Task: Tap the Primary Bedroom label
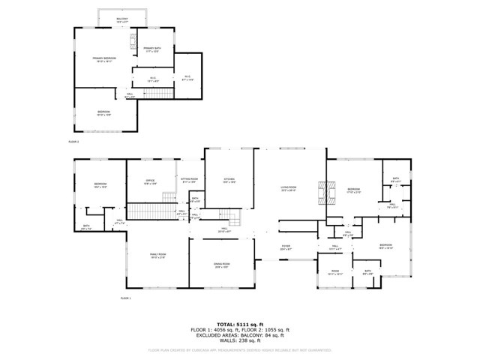tap(104, 59)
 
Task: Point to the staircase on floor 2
tap(158, 94)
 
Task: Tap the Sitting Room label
tap(189, 180)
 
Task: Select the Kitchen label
tap(229, 180)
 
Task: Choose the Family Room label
tap(157, 256)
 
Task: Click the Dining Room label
tap(221, 265)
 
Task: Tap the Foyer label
tap(286, 246)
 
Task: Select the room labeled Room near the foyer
tap(335, 272)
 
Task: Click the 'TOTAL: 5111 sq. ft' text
tap(240, 324)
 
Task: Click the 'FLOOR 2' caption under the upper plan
tap(73, 141)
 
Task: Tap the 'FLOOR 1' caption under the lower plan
tap(126, 298)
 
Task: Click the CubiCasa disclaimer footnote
tap(240, 349)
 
